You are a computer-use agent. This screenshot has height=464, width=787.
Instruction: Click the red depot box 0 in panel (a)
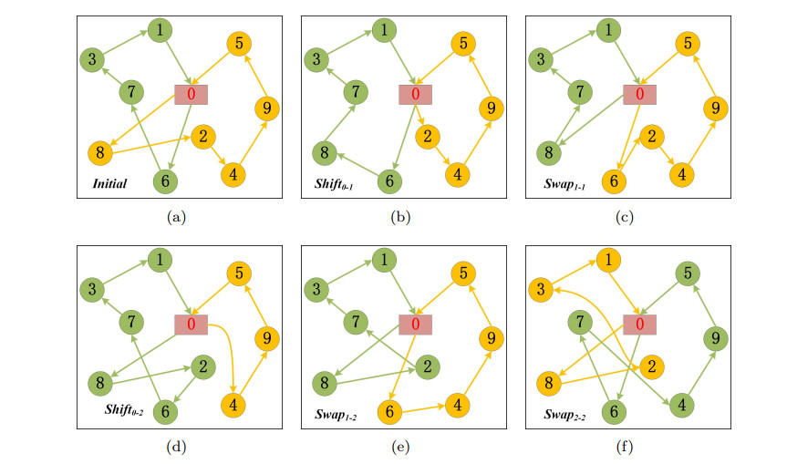point(191,93)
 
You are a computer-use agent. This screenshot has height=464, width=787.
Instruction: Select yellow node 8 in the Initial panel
point(99,151)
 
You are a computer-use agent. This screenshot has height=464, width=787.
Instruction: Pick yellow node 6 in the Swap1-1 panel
point(615,181)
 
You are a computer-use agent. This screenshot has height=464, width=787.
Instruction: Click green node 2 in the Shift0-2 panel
point(202,366)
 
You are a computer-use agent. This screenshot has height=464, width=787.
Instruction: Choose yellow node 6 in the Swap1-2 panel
point(390,411)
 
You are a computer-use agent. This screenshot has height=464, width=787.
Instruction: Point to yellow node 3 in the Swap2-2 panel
point(542,291)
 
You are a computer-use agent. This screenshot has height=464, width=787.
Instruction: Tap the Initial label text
point(109,184)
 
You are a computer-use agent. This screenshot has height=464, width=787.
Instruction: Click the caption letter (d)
point(175,447)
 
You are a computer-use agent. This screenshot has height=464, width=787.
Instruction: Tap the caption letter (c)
point(624,217)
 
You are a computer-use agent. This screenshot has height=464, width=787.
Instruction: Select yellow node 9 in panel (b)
point(491,109)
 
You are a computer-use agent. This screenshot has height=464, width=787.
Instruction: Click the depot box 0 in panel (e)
point(415,324)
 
